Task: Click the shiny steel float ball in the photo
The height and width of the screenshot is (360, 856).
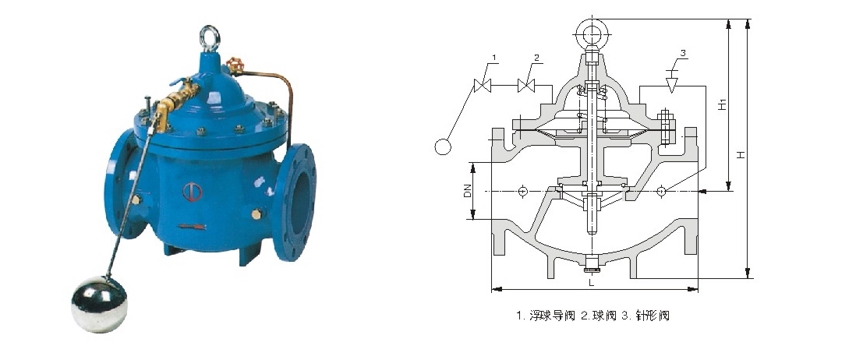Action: point(99,304)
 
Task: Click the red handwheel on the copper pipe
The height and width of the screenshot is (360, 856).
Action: point(235,65)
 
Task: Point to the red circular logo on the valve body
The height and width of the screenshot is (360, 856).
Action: point(192,192)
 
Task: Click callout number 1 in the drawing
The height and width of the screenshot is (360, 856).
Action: point(494,58)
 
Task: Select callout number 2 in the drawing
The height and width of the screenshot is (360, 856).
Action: point(536,58)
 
